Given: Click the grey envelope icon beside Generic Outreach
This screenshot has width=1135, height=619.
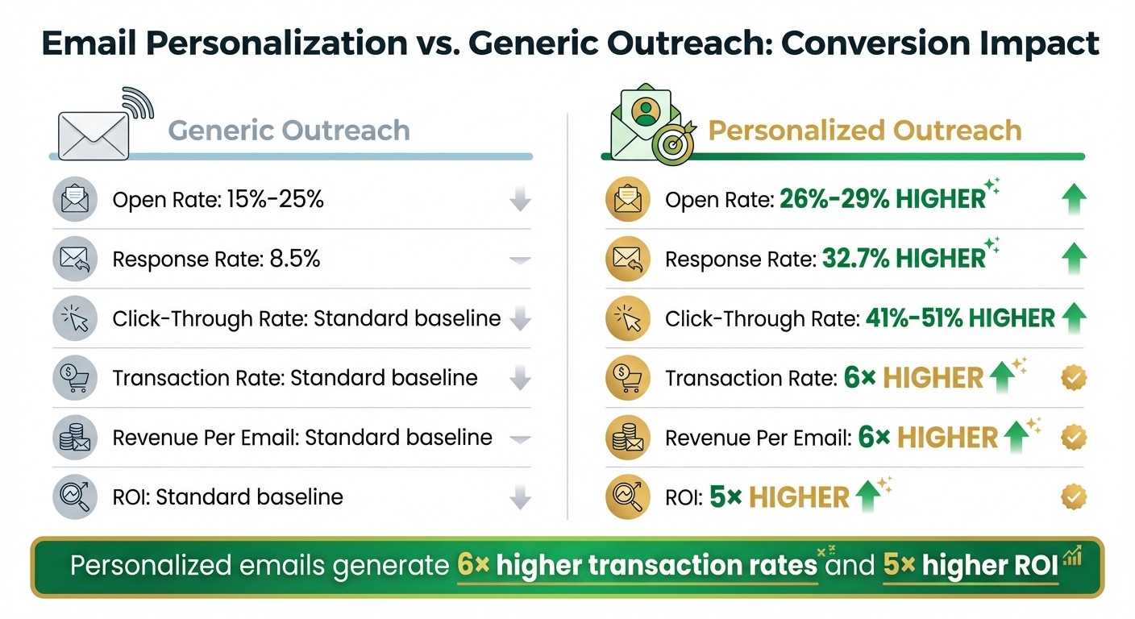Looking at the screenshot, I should coord(93,135).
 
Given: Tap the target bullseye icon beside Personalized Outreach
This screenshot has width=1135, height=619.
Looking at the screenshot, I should coord(671,145).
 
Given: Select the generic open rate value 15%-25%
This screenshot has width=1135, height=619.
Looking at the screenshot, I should coord(272,199).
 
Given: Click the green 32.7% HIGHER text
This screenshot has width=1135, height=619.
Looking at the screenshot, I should coord(904,259).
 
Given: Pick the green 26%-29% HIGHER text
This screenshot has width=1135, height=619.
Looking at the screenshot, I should coord(883,199).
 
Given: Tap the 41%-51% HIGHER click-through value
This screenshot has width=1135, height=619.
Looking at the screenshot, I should coord(960,318).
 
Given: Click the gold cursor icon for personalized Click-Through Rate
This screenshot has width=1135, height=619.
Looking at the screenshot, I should coord(628,318).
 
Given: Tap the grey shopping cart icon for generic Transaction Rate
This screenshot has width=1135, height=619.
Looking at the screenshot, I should coord(75,378).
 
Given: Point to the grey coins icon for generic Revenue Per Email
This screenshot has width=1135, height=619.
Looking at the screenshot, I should coord(75,438).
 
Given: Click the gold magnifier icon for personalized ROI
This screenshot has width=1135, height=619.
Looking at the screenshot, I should coord(628,497).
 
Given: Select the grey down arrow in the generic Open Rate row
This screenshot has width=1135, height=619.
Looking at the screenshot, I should coord(521,199).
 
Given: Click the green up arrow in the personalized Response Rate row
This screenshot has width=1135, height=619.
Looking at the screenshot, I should coord(1074,259).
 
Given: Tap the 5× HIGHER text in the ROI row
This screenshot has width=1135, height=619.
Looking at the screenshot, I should coord(780,497).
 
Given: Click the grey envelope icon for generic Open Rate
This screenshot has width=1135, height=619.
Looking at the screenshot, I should coord(75,199).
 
